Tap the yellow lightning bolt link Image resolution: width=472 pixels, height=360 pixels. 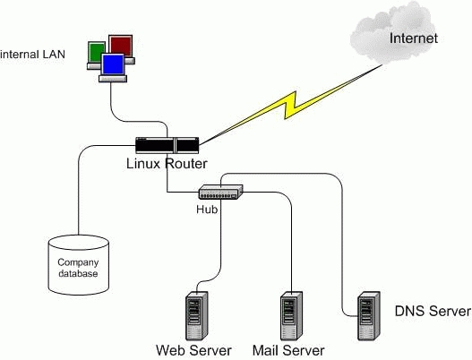(x=290, y=106)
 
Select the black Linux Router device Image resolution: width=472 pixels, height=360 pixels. (x=167, y=145)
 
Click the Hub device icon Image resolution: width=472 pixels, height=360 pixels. (x=220, y=192)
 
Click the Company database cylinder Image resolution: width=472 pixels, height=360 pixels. (x=78, y=265)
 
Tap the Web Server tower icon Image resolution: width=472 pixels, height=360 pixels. (x=197, y=315)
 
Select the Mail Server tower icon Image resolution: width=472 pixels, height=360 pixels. (x=291, y=315)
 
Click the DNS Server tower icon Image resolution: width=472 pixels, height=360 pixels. (x=368, y=315)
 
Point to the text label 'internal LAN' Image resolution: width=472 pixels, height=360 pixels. (x=32, y=55)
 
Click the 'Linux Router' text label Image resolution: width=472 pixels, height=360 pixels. (x=167, y=164)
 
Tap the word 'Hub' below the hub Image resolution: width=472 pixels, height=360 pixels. (x=207, y=210)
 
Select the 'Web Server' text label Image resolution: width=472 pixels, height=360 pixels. (x=193, y=350)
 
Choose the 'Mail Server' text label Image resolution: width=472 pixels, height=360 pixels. (x=288, y=350)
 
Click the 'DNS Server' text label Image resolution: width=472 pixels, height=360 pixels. (x=433, y=311)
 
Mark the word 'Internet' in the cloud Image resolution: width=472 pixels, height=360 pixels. (x=414, y=39)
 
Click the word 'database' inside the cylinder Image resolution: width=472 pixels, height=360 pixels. (x=78, y=273)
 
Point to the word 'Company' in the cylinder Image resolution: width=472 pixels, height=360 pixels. (x=78, y=262)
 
